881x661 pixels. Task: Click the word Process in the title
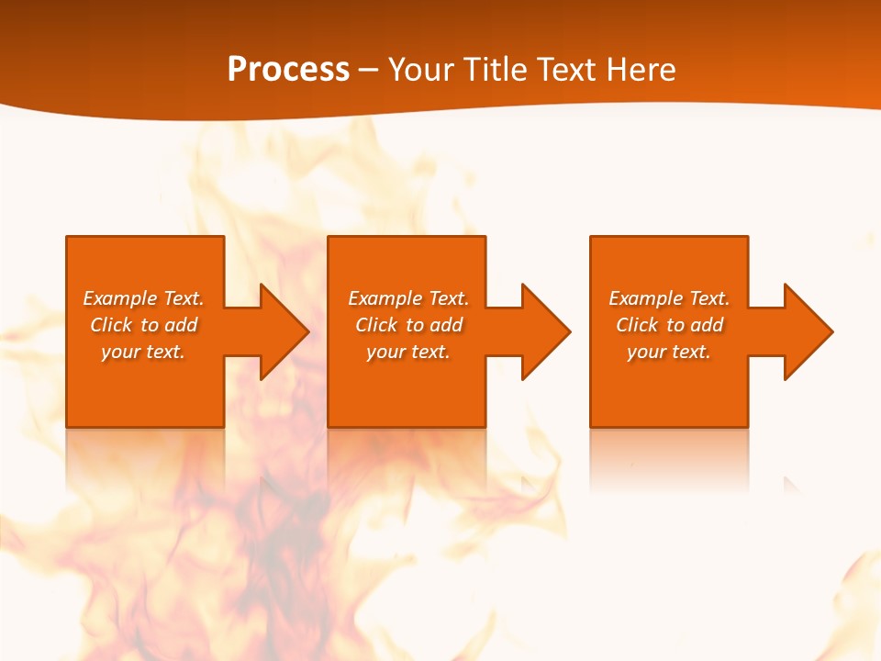click(x=288, y=70)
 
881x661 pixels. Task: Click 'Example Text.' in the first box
click(x=143, y=298)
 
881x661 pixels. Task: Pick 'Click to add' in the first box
click(x=143, y=325)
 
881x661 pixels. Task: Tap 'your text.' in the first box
click(x=143, y=352)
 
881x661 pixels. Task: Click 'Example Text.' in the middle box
click(x=408, y=298)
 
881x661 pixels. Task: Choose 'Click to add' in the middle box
click(x=408, y=325)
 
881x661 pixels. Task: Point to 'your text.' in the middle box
click(x=408, y=352)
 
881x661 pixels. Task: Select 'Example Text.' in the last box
click(x=669, y=298)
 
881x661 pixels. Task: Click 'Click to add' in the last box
click(x=669, y=325)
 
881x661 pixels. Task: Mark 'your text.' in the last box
click(x=669, y=352)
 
